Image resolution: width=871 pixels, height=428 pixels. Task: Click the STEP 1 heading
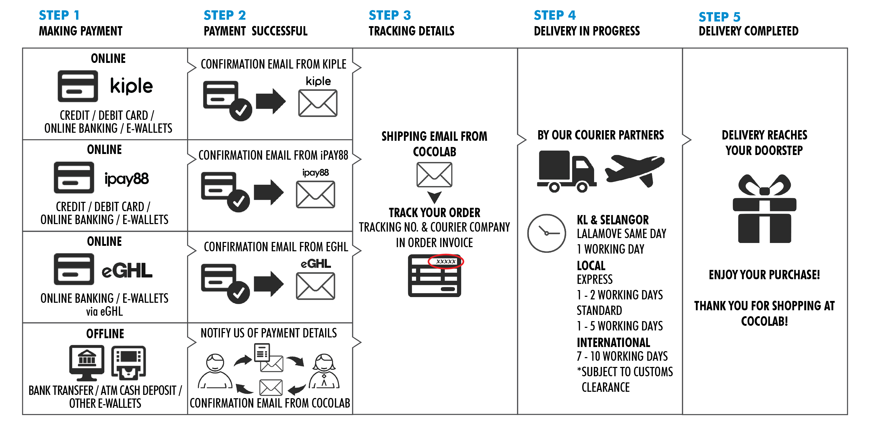59,15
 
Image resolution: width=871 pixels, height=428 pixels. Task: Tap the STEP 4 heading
555,15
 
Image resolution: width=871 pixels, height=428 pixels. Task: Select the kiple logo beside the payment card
131,86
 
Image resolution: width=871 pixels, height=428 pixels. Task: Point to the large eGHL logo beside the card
127,270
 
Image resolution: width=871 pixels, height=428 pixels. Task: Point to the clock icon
547,233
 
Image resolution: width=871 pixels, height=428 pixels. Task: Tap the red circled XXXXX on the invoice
446,261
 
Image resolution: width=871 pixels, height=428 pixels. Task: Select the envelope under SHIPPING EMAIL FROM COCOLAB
434,174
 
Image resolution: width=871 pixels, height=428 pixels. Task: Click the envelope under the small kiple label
318,103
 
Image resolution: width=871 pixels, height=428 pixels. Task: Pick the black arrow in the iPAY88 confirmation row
269,192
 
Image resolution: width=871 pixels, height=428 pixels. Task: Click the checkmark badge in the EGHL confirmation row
239,293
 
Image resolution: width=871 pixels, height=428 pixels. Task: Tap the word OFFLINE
105,334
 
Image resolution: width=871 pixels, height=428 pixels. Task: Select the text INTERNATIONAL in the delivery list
613,342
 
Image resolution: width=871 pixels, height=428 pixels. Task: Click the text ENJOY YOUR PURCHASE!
764,275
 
